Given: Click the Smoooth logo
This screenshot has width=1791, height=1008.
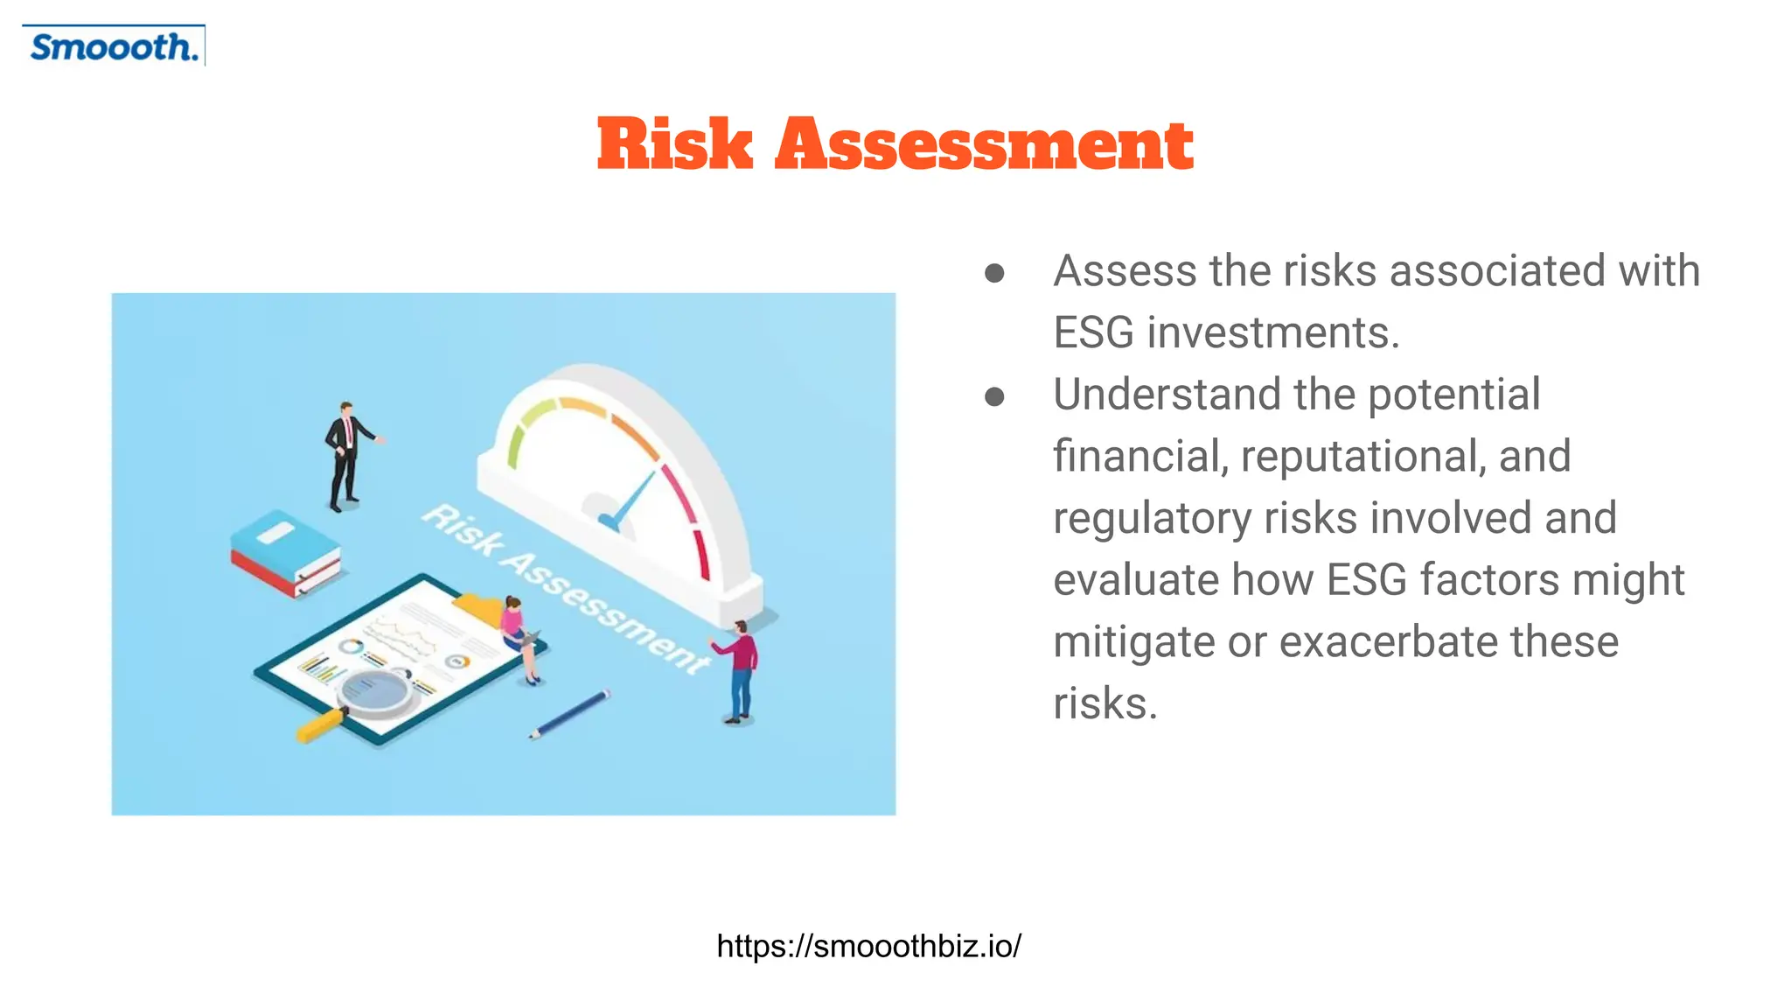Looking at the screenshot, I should click(x=114, y=46).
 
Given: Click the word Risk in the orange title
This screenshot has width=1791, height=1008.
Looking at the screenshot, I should click(x=674, y=144).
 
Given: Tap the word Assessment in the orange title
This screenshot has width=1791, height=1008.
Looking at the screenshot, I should click(x=984, y=144).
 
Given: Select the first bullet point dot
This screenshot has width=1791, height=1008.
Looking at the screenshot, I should click(x=994, y=273).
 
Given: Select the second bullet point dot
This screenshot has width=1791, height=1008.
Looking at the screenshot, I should click(x=994, y=397).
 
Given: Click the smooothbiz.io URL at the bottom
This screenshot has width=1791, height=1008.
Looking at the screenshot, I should click(x=868, y=946).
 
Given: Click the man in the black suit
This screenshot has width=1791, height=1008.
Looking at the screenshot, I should click(x=345, y=455).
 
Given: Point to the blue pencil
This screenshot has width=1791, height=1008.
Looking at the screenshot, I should click(x=568, y=714).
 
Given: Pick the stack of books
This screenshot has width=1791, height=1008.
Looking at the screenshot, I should click(x=285, y=553).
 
